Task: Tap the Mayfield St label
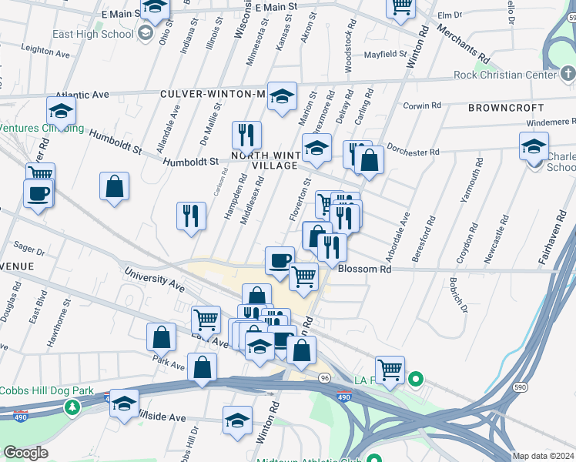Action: coord(385,55)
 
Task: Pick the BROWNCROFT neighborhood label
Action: coord(504,109)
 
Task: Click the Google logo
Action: coord(25,453)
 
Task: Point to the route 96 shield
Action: coord(325,378)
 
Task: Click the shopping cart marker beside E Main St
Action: coord(400,6)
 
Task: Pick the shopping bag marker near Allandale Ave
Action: coord(114,187)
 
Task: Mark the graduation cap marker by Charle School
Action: coord(534,145)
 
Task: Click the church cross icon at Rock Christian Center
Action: coord(568,75)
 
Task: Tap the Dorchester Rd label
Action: coord(413,152)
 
